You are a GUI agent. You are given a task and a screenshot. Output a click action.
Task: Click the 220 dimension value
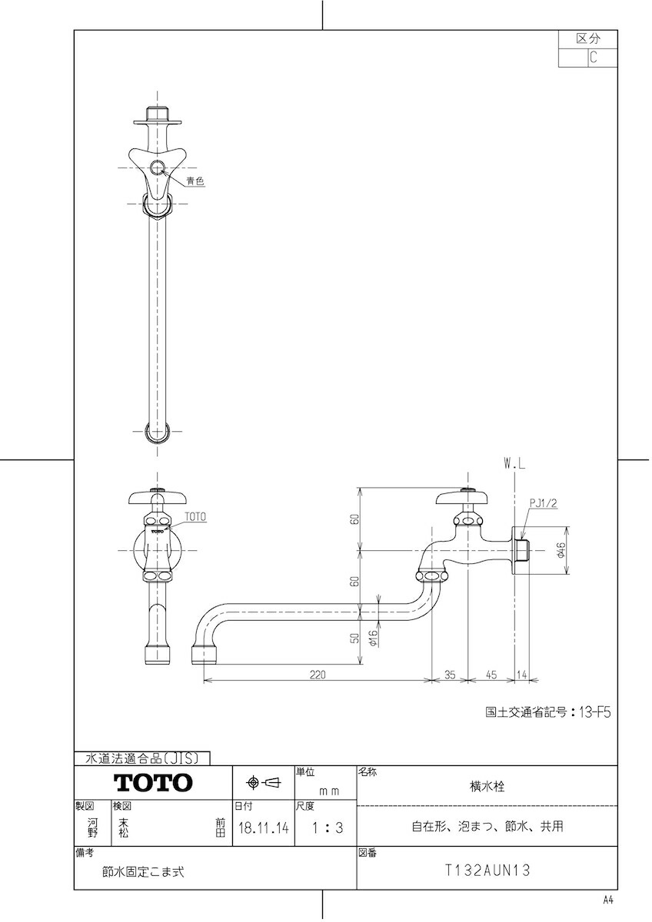click(318, 675)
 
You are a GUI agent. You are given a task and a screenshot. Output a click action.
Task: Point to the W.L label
click(514, 463)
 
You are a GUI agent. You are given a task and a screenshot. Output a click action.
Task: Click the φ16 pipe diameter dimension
click(371, 636)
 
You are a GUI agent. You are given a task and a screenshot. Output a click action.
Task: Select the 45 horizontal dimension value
click(491, 675)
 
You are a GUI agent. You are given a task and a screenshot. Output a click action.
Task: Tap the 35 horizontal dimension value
click(451, 675)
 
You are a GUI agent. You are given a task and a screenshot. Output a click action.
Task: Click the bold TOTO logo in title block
click(153, 783)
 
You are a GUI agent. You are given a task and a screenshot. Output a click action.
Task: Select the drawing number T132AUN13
click(487, 871)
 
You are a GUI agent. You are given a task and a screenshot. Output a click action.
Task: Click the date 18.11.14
click(263, 828)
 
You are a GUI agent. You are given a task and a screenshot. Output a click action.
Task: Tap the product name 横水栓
click(487, 786)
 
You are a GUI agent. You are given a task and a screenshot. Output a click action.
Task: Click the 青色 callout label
click(195, 181)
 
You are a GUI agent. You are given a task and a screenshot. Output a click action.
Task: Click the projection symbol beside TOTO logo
click(263, 783)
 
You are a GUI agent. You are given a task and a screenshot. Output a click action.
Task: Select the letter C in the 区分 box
click(593, 57)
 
